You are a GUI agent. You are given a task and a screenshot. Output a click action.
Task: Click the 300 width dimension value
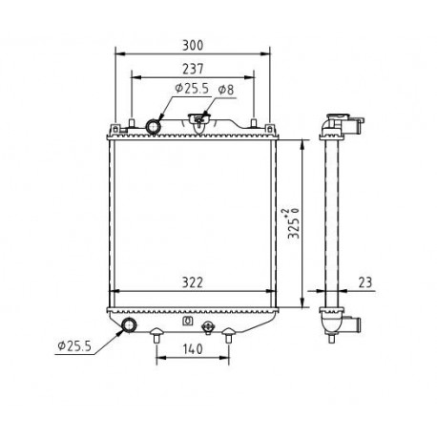pyautogui.click(x=193, y=46)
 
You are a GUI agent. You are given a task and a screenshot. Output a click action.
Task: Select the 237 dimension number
pyautogui.click(x=193, y=69)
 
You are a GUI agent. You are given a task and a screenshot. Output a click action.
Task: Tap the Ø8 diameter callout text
pyautogui.click(x=226, y=90)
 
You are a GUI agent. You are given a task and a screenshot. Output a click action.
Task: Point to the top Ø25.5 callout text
pyautogui.click(x=192, y=88)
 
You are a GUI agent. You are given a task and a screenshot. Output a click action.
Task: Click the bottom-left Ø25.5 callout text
pyautogui.click(x=74, y=345)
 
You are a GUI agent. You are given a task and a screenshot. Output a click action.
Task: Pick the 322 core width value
pyautogui.click(x=193, y=282)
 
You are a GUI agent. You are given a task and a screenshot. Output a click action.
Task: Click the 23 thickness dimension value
pyautogui.click(x=365, y=282)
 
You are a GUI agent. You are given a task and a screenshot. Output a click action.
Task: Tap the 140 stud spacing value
pyautogui.click(x=193, y=349)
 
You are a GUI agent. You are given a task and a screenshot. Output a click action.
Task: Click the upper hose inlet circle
pyautogui.click(x=154, y=126)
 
